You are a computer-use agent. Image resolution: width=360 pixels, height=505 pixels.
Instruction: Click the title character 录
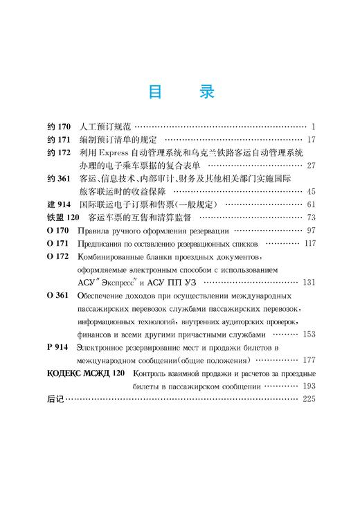[206, 92]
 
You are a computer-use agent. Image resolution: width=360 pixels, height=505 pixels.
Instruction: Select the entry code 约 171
[60, 139]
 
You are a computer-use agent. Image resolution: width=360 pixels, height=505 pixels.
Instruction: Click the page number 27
[310, 166]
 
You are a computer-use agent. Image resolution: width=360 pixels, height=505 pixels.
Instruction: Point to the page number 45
[310, 191]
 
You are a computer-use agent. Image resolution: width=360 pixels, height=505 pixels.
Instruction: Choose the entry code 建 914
[60, 204]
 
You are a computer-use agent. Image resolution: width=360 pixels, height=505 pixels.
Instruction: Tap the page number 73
[310, 218]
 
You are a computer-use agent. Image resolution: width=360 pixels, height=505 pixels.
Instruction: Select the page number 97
[310, 230]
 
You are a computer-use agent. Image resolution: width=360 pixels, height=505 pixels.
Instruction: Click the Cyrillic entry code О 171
[58, 244]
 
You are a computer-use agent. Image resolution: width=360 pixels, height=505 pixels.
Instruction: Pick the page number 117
[309, 244]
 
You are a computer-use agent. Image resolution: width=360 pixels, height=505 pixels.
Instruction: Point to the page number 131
[309, 282]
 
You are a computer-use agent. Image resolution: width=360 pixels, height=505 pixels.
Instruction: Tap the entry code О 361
[58, 295]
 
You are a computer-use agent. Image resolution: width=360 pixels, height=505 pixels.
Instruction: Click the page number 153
[309, 334]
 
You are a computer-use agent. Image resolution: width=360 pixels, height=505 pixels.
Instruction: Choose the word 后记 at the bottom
[53, 399]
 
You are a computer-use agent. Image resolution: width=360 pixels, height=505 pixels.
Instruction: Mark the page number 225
[309, 399]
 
